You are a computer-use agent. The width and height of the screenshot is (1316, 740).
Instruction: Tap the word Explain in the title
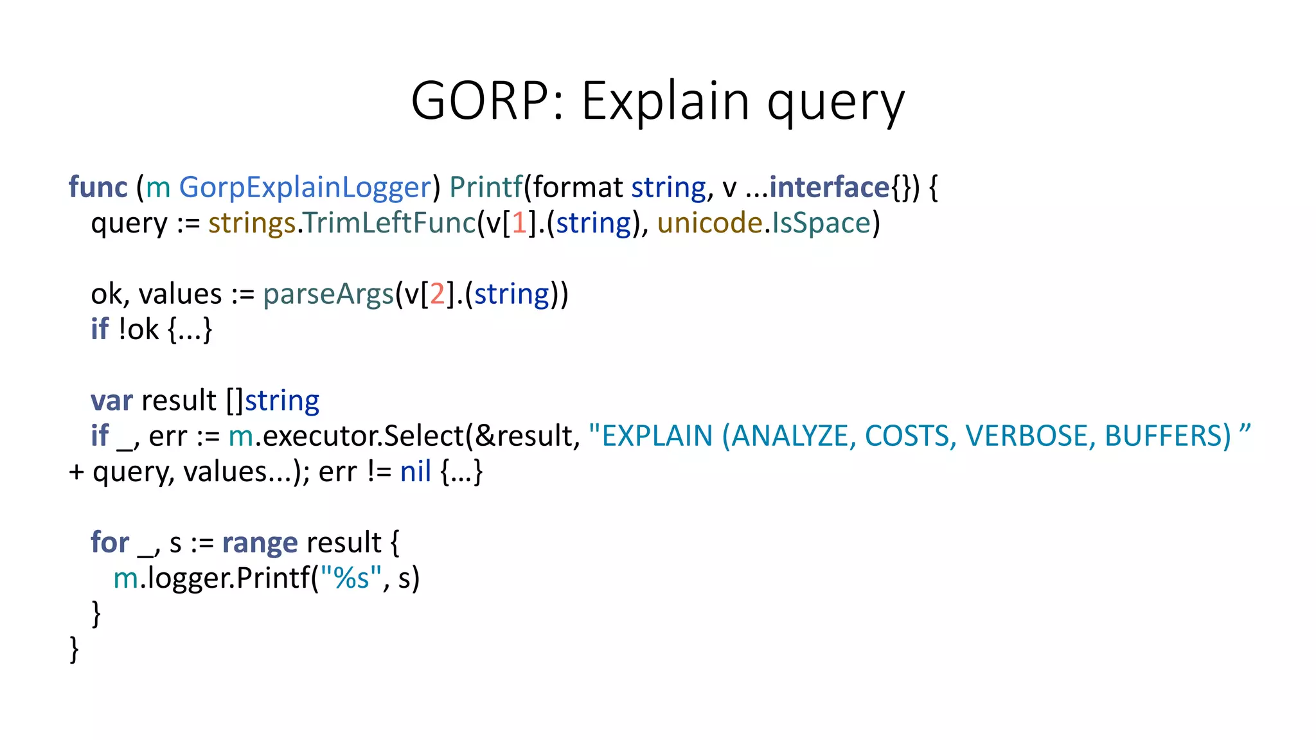(x=665, y=101)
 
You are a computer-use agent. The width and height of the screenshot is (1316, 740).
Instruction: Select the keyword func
(x=98, y=188)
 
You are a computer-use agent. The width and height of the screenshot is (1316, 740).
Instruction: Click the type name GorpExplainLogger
(x=305, y=188)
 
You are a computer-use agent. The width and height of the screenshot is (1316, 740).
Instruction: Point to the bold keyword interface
(x=829, y=188)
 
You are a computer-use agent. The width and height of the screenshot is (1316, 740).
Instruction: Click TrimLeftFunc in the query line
(x=389, y=223)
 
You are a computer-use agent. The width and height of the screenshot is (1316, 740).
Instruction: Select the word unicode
(x=709, y=223)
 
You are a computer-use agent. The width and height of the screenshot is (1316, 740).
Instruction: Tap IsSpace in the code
(x=821, y=223)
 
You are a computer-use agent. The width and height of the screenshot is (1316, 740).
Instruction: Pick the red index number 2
(x=438, y=294)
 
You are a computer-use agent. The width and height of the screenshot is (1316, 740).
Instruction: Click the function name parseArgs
(x=328, y=294)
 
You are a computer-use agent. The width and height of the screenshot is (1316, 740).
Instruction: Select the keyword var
(x=111, y=401)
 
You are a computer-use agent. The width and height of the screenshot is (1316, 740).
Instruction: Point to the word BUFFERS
(x=1167, y=436)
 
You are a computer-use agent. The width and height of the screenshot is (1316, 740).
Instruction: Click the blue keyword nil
(x=415, y=472)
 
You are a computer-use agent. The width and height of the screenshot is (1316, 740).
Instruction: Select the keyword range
(x=260, y=543)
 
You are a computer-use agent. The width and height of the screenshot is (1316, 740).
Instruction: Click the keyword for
(x=110, y=543)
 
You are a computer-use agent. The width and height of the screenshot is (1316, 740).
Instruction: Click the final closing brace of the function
(x=74, y=649)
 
